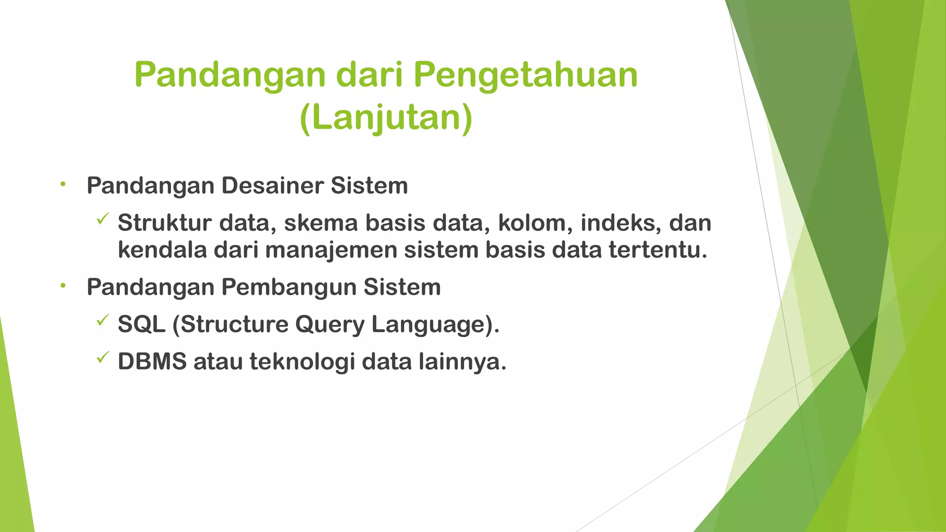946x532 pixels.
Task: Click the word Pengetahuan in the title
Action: (525, 75)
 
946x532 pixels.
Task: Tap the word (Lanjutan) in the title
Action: (386, 118)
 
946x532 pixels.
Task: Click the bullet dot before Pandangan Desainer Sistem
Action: (63, 185)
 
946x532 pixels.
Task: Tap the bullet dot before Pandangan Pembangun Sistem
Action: (63, 286)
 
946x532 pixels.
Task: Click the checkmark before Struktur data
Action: (103, 219)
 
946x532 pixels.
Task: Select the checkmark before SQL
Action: (103, 320)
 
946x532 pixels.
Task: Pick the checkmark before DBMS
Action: (103, 357)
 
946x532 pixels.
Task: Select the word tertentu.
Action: (658, 250)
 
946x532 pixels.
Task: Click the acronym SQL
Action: (141, 324)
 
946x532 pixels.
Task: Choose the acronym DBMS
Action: (152, 361)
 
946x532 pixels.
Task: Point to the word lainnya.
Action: (462, 361)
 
